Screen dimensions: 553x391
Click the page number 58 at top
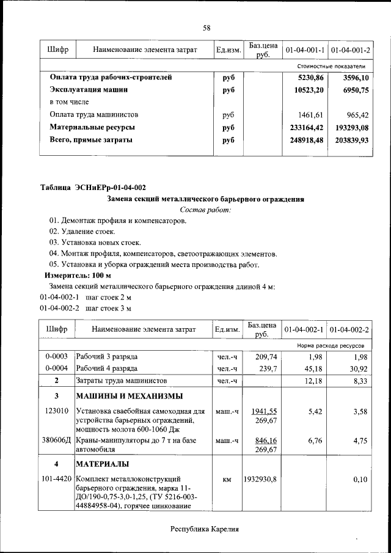coord(206,28)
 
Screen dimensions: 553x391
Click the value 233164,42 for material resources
coord(306,128)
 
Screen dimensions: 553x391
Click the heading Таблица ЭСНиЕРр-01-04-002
coord(93,187)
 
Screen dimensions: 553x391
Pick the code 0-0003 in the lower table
coord(56,356)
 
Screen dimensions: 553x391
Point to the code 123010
coord(56,411)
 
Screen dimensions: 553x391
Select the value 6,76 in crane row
coord(313,440)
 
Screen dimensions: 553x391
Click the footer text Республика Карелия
coord(204,529)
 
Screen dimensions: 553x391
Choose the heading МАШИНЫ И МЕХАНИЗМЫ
coord(129,397)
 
